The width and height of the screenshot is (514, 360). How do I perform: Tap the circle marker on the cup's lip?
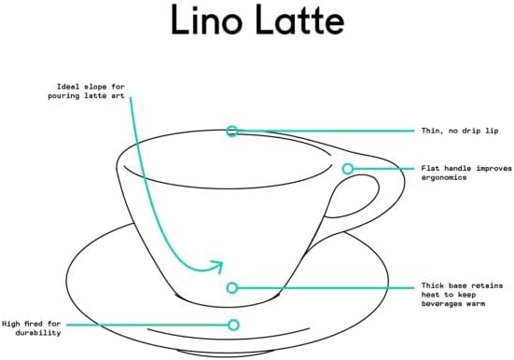pyautogui.click(x=232, y=132)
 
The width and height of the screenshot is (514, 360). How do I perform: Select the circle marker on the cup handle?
pyautogui.click(x=348, y=169)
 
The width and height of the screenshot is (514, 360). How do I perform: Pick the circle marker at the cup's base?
pyautogui.click(x=232, y=288)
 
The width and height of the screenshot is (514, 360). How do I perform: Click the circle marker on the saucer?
pyautogui.click(x=233, y=325)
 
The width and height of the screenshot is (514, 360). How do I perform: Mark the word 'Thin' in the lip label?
pyautogui.click(x=431, y=131)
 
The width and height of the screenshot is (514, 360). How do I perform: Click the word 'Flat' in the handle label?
pyautogui.click(x=431, y=169)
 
